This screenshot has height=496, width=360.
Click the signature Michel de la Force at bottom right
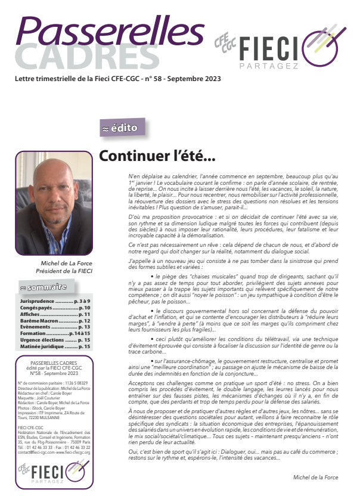coord(316,478)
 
